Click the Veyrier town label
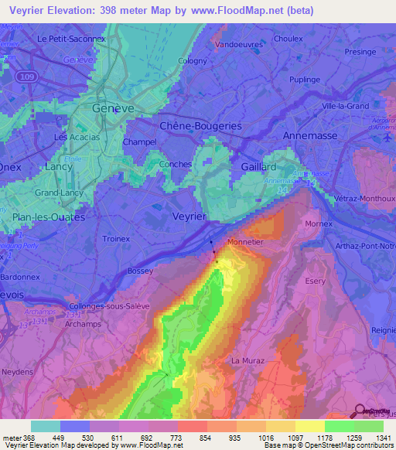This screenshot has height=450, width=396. (x=189, y=216)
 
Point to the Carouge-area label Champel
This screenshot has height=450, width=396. (x=139, y=142)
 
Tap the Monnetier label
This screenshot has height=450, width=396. (x=245, y=243)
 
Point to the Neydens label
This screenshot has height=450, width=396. (x=17, y=371)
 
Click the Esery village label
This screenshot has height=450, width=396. (x=316, y=281)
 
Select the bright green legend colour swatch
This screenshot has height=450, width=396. (x=339, y=426)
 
